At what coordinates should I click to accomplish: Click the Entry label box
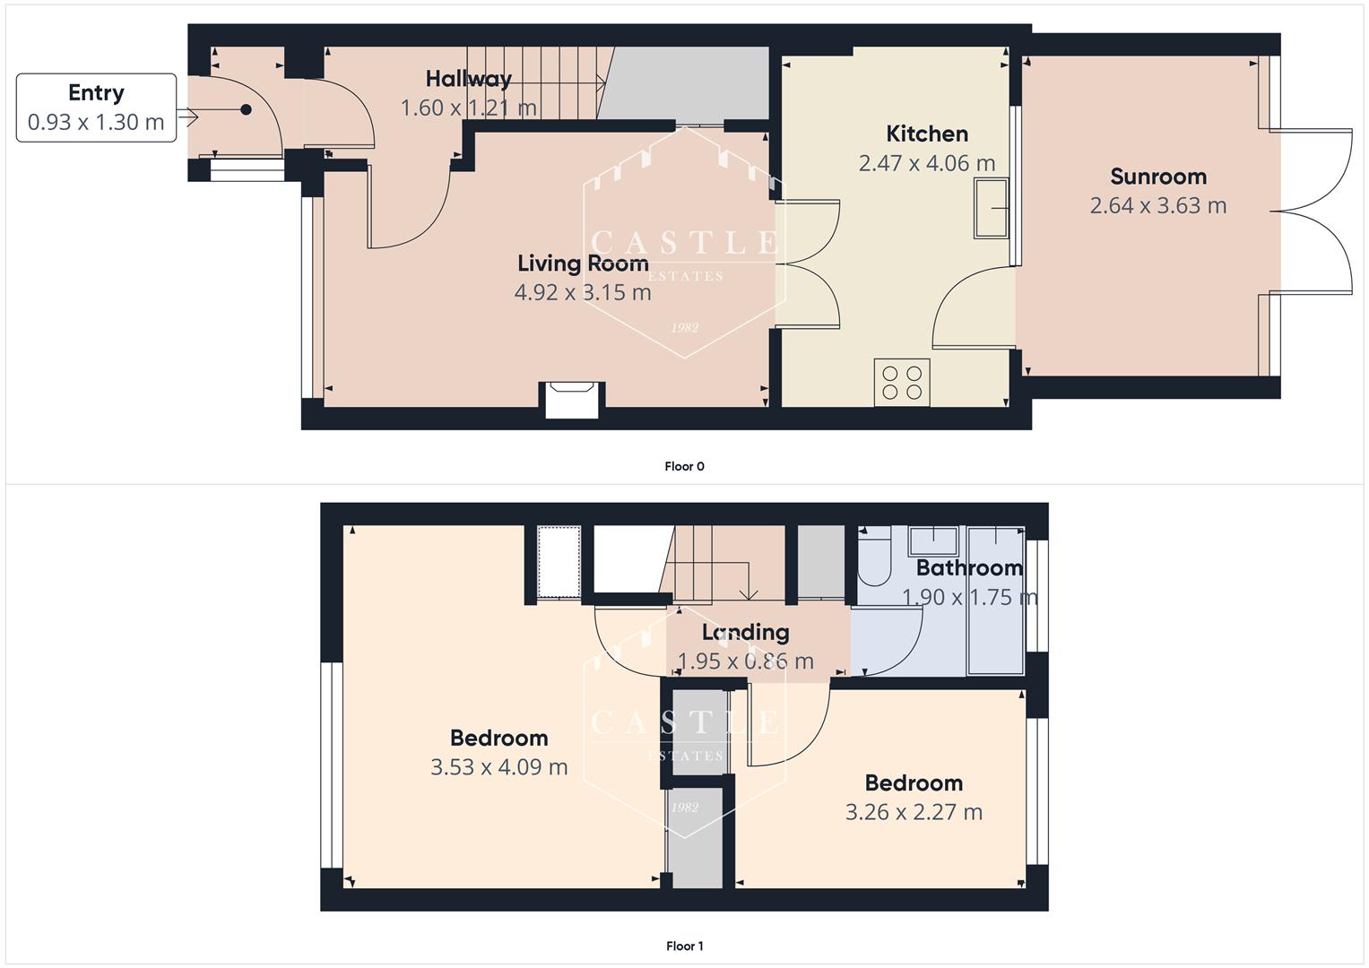pos(96,108)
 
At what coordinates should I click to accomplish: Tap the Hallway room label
pos(468,79)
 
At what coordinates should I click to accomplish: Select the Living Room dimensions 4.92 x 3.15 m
pos(583,292)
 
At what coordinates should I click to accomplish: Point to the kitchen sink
pos(991,208)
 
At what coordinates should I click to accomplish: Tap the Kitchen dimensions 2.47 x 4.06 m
pos(926,163)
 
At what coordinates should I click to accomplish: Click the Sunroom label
pos(1157,177)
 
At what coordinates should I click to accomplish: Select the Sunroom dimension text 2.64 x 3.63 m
pos(1157,205)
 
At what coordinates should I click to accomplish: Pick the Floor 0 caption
pos(684,466)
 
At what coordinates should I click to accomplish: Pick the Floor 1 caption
pos(684,946)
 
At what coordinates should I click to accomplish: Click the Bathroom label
pos(969,568)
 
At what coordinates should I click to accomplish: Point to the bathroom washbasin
pos(933,541)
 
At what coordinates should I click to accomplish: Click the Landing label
pos(745,633)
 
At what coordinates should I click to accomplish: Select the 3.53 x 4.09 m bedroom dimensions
pos(498,767)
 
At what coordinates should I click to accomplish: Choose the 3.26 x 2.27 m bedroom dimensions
pos(914,812)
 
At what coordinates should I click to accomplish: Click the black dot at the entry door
pos(245,110)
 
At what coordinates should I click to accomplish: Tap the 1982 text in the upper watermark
pos(685,328)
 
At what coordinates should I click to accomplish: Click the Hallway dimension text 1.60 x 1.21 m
pos(468,108)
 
